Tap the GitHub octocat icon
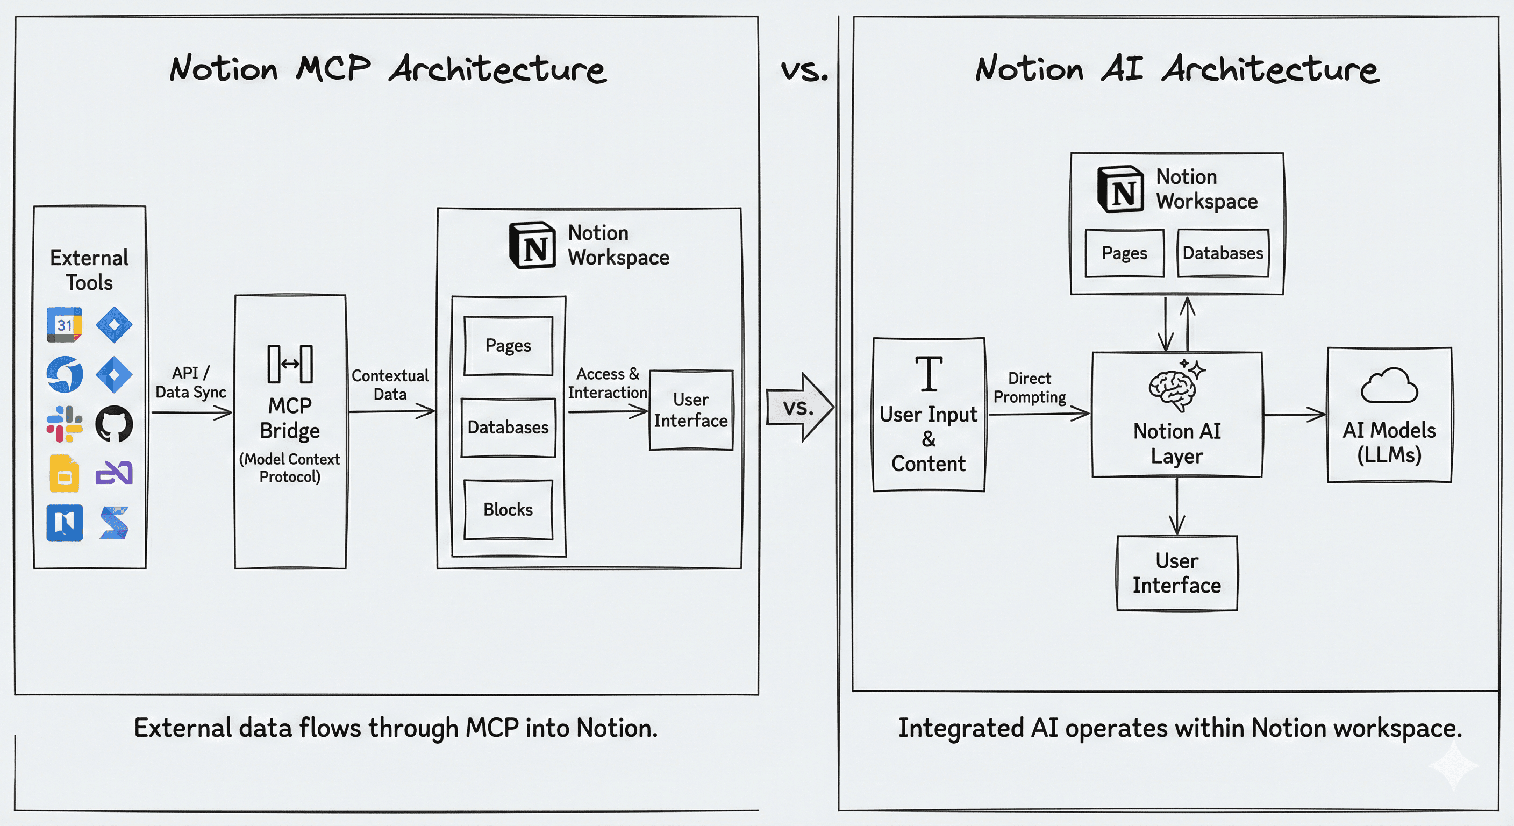tap(114, 424)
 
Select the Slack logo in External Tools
tap(64, 424)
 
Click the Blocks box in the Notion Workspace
tap(508, 510)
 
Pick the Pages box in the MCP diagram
tap(508, 346)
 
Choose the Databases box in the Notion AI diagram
tap(1223, 253)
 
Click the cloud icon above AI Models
tap(1389, 386)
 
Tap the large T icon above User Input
tap(929, 374)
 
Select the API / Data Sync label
tap(190, 383)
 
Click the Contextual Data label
tap(390, 385)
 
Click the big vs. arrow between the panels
tap(800, 408)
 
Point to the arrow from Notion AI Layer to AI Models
tap(1294, 415)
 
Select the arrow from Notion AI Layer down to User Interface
tap(1177, 505)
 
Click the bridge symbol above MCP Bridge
tap(290, 365)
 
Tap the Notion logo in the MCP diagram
tap(532, 246)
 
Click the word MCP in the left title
tap(333, 68)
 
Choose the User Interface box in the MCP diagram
tap(690, 410)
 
